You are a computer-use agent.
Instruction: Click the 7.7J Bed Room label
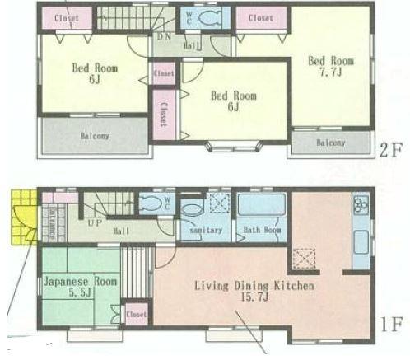[x=325, y=66]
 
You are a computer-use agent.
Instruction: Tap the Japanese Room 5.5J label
[x=69, y=287]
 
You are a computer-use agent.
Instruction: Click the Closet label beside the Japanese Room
[x=136, y=314]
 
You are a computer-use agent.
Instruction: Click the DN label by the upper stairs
[x=164, y=37]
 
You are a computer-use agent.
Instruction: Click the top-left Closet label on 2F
[x=67, y=18]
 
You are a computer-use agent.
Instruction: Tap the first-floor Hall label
[x=121, y=231]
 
